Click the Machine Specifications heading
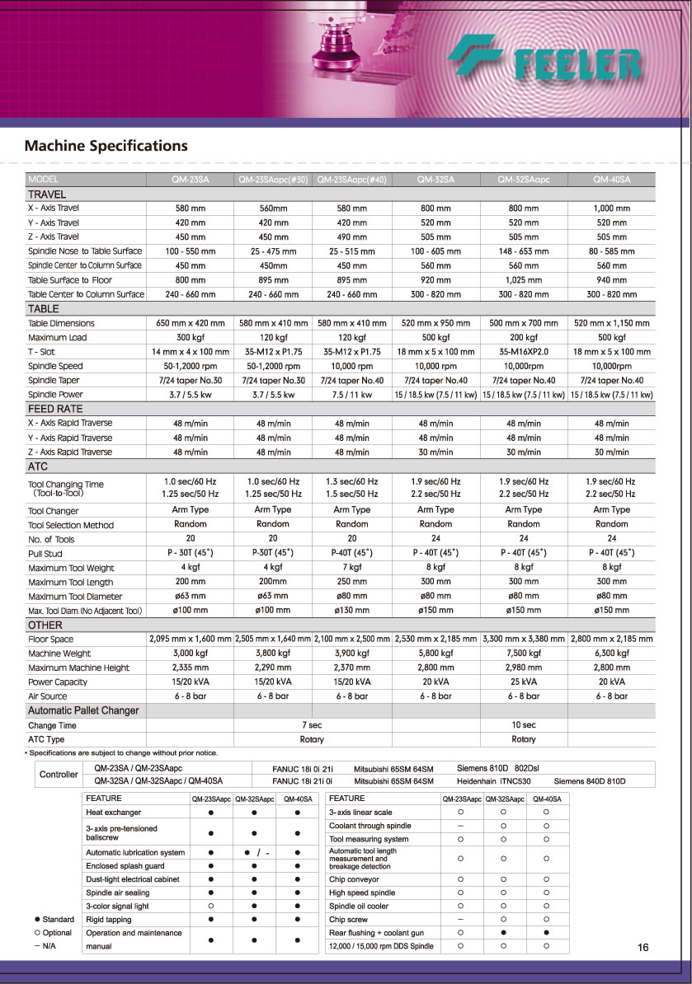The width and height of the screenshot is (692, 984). (x=106, y=146)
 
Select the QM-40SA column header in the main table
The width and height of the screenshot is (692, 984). (x=611, y=179)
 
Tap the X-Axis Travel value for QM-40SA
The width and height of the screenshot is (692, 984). (x=611, y=209)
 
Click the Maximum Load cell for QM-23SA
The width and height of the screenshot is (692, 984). (x=190, y=337)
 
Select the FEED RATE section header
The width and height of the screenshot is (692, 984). (x=54, y=409)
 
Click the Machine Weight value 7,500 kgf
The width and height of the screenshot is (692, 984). (x=523, y=653)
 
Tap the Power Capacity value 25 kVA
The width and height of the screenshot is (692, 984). (x=523, y=682)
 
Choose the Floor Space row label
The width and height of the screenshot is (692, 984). (x=51, y=639)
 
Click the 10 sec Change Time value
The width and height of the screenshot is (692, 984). (x=523, y=725)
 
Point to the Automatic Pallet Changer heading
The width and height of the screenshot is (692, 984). (x=83, y=710)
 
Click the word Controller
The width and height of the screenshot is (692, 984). (x=59, y=775)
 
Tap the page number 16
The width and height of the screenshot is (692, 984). (x=643, y=948)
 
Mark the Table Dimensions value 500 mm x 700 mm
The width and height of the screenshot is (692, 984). (x=523, y=323)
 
